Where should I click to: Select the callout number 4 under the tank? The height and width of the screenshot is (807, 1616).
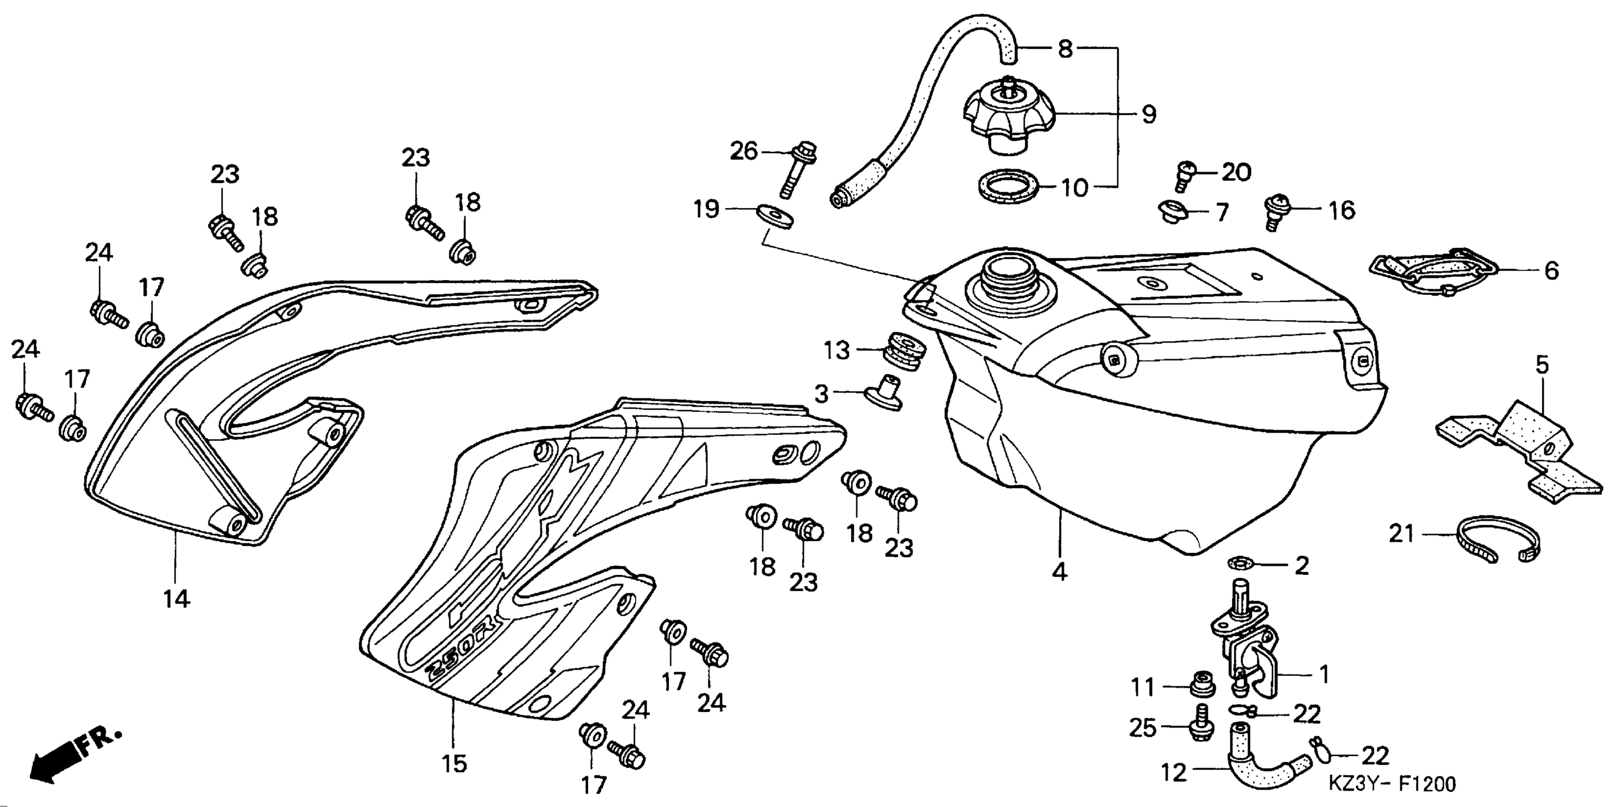(x=1059, y=572)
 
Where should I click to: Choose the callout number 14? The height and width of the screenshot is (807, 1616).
(x=177, y=599)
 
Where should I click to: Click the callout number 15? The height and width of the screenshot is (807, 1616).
(x=454, y=764)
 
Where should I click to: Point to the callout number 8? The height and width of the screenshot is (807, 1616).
(x=1065, y=49)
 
